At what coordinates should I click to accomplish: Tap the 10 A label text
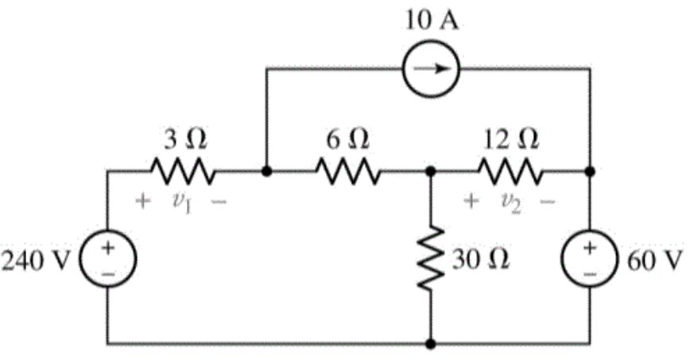(429, 20)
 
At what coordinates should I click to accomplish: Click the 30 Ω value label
(482, 260)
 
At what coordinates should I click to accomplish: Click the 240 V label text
(37, 261)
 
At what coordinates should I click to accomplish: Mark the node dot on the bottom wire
(430, 344)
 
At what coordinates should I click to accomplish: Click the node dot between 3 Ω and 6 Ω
(266, 171)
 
